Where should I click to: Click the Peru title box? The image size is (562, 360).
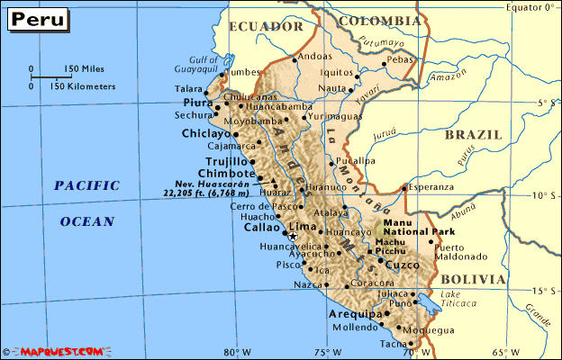[x=37, y=19]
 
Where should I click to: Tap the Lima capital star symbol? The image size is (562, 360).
[x=292, y=236]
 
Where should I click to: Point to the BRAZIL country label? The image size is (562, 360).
[x=473, y=135]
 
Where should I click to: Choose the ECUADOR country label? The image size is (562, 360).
[x=265, y=27]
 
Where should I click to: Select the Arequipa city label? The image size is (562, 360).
[x=352, y=314]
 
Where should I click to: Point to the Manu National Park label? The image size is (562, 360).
[x=409, y=227]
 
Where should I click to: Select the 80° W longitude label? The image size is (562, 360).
[x=239, y=352]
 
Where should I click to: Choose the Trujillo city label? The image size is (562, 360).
[x=227, y=161]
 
